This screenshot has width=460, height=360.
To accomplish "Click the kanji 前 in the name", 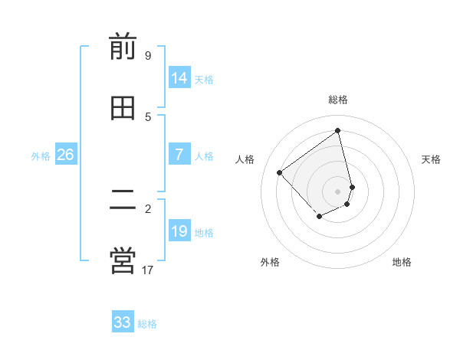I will click(x=123, y=47).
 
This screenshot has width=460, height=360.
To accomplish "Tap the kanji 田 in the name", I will click(x=123, y=109).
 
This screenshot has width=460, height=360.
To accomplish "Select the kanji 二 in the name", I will click(x=123, y=200).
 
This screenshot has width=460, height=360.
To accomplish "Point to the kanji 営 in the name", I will click(x=123, y=260).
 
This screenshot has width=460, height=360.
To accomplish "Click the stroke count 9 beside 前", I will click(x=147, y=56).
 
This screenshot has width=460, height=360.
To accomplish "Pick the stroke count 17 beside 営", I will click(x=147, y=270).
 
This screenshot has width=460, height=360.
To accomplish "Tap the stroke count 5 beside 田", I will click(x=147, y=116).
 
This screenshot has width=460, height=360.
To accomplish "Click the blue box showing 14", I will click(x=179, y=78).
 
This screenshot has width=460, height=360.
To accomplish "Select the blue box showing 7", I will click(x=179, y=155).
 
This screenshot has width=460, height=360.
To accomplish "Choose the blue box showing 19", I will click(x=179, y=231).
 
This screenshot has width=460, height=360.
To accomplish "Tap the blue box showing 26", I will click(x=65, y=155).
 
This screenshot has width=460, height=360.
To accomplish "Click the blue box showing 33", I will click(x=123, y=322).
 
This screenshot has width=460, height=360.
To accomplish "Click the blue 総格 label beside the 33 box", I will click(x=147, y=324).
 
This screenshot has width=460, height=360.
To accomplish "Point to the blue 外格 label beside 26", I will click(x=41, y=156).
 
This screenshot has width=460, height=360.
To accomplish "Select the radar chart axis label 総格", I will click(x=338, y=100).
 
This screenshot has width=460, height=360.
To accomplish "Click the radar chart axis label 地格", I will click(x=402, y=262).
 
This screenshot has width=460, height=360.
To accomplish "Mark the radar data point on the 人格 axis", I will click(x=280, y=172).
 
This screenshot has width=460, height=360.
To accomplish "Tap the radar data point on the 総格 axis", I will click(x=338, y=131).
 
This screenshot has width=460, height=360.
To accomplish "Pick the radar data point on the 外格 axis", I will click(x=320, y=218).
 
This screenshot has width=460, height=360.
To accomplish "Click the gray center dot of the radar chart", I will click(x=338, y=191).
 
